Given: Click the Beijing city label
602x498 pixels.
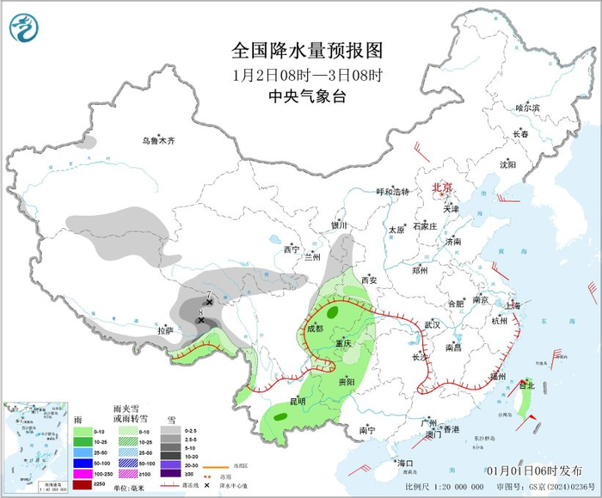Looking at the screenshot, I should [x=441, y=187].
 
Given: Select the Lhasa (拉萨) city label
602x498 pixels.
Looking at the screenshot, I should [x=165, y=329].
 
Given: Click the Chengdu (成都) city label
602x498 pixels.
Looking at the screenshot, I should [x=315, y=328].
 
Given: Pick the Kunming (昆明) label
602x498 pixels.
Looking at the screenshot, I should [x=297, y=401].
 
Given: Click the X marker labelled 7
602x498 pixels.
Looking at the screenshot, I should [x=209, y=303].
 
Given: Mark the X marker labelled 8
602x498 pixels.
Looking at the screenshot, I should [x=201, y=320].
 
